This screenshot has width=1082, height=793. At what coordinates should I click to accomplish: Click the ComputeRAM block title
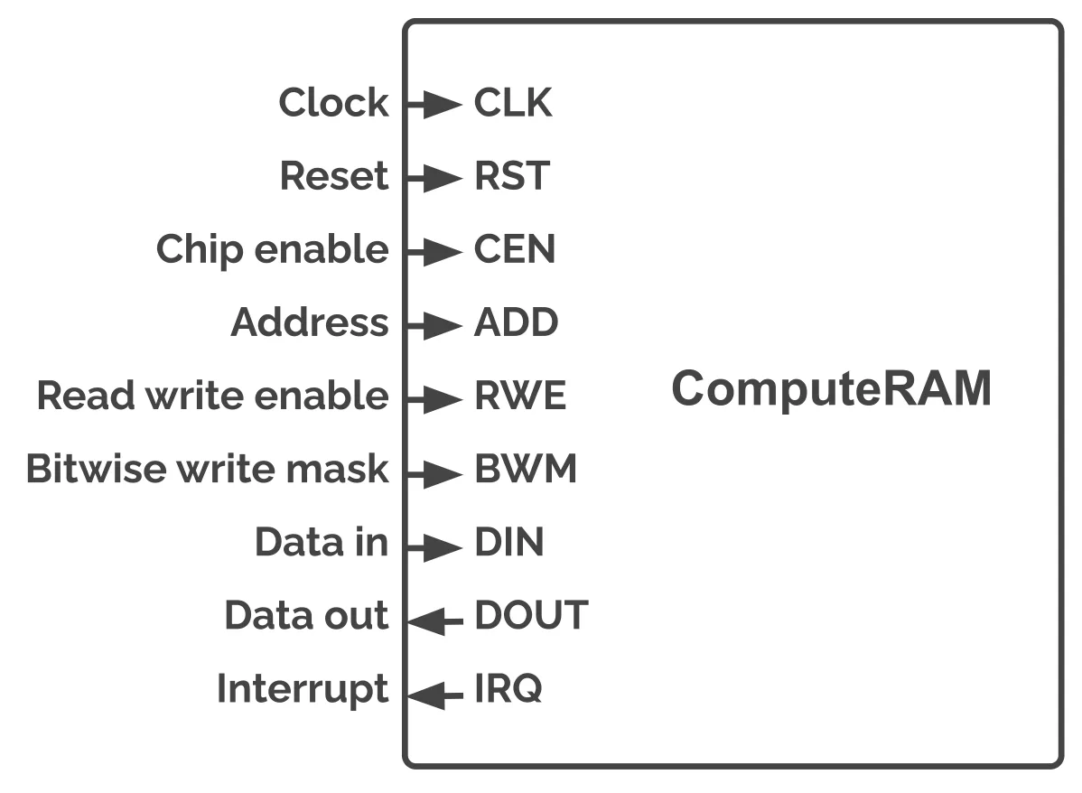click(832, 388)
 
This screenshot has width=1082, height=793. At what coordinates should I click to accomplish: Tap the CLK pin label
click(513, 103)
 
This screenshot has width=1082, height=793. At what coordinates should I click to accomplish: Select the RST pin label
click(512, 176)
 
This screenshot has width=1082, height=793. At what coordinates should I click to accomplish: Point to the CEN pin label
click(514, 249)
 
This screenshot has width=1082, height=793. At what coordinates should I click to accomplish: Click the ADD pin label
click(516, 322)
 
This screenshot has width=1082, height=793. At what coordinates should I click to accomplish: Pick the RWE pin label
click(520, 396)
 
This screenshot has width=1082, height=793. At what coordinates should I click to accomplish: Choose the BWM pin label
click(525, 469)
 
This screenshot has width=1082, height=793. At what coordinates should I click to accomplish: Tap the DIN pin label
click(509, 542)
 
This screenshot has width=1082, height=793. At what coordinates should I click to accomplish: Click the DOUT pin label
click(531, 615)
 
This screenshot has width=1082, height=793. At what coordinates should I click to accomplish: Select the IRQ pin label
click(508, 689)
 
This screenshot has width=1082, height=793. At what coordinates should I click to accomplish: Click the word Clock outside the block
click(334, 103)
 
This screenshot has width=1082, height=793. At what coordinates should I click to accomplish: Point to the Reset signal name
click(334, 176)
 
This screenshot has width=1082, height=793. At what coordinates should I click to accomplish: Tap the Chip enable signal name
click(273, 250)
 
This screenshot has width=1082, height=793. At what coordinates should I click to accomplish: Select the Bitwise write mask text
click(208, 469)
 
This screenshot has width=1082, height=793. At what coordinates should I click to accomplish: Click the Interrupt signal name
click(303, 689)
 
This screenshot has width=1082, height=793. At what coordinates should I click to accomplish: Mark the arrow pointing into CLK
click(434, 105)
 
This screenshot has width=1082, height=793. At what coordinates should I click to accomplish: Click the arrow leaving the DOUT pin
click(435, 621)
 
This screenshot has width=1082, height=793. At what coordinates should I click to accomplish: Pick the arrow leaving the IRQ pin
click(435, 695)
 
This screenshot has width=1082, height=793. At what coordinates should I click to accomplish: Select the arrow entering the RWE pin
click(434, 399)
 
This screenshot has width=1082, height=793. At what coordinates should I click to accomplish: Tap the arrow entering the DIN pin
click(434, 547)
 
